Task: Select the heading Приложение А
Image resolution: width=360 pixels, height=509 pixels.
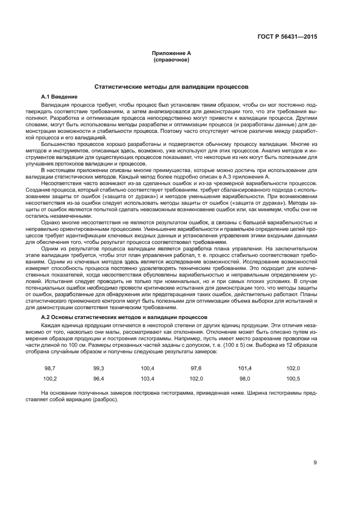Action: (x=172, y=53)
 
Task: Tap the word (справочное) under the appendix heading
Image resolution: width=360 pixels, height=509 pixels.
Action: (x=172, y=59)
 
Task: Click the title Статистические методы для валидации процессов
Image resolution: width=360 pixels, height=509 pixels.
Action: (x=172, y=86)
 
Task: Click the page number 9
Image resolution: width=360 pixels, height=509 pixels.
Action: (x=315, y=463)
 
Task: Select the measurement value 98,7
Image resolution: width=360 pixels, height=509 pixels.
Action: (x=50, y=369)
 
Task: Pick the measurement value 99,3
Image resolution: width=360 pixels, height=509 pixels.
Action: (x=99, y=369)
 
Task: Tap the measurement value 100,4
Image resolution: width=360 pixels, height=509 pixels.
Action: (x=147, y=369)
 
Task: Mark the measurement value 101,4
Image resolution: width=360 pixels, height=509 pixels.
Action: (x=245, y=369)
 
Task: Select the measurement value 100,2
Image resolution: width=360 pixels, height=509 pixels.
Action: (x=50, y=378)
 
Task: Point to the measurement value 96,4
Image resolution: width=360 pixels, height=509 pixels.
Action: (x=99, y=378)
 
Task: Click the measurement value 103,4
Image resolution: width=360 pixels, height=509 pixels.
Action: (x=147, y=378)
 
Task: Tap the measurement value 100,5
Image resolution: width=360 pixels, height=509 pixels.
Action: (x=293, y=378)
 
